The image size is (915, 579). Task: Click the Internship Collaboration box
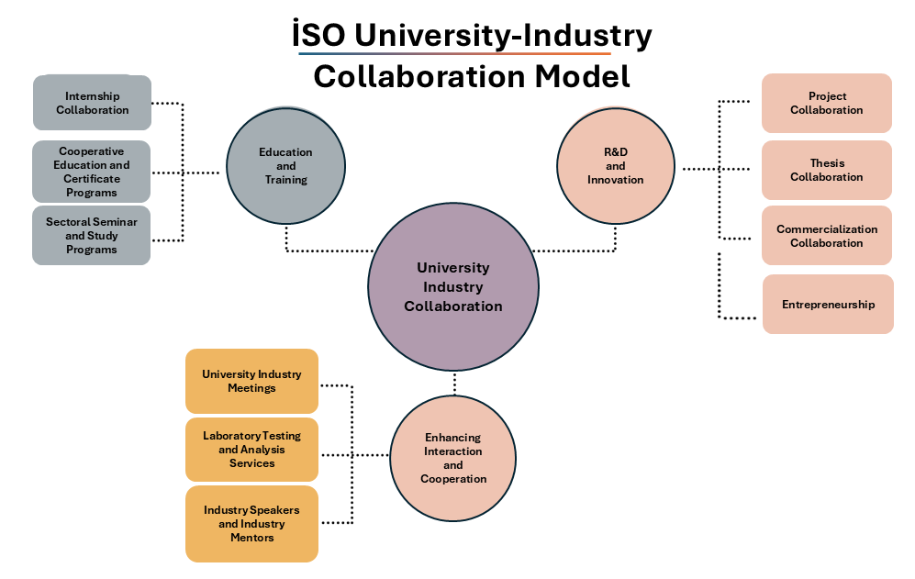[x=92, y=103]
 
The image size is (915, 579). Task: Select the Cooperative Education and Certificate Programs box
[x=92, y=172]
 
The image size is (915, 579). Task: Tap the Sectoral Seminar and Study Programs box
[x=92, y=236]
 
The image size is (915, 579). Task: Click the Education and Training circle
[x=285, y=166]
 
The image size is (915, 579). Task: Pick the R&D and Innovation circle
[x=616, y=166]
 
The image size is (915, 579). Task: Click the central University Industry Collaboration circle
[x=453, y=287]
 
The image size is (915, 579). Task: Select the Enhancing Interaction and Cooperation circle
[x=453, y=458]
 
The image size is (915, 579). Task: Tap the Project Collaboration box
[x=826, y=103]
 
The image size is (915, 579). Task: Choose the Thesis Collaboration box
[x=826, y=170]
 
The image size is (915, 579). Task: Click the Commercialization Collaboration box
[x=826, y=236]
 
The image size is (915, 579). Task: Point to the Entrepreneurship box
[x=828, y=305]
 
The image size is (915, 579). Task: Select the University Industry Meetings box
[x=251, y=381]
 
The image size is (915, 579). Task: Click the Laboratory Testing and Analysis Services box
[x=251, y=450]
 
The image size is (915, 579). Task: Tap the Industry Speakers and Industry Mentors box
[x=251, y=524]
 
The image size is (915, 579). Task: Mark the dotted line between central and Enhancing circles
[x=454, y=384]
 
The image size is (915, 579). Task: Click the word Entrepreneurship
[x=828, y=305]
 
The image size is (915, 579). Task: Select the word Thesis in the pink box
[x=827, y=163]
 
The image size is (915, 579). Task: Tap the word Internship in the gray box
[x=93, y=96]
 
